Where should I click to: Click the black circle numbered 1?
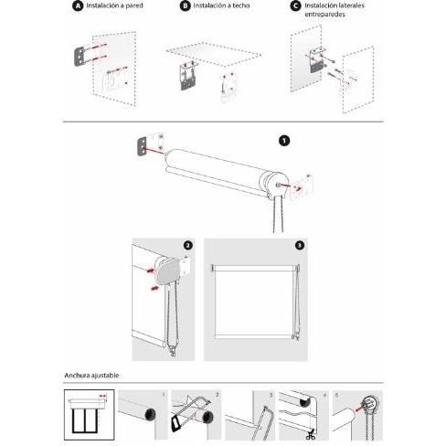[x=284, y=141]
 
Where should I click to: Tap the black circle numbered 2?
[x=188, y=246]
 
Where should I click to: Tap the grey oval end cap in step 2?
[x=166, y=273]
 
